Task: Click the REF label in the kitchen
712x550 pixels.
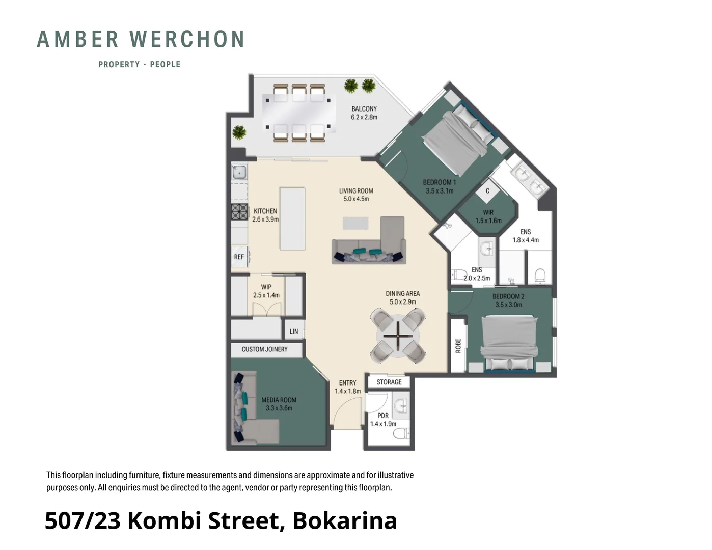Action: (239, 257)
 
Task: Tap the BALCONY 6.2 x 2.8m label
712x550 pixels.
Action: (364, 113)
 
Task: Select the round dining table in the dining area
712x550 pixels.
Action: (398, 336)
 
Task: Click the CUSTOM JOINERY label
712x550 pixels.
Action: (264, 349)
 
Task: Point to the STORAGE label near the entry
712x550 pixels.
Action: (389, 382)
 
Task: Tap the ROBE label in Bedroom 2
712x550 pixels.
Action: (458, 346)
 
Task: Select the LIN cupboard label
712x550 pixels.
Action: (294, 332)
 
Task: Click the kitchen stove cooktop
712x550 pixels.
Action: (239, 211)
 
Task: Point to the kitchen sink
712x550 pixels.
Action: (239, 172)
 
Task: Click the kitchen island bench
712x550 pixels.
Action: (292, 219)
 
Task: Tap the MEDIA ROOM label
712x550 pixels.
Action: (279, 404)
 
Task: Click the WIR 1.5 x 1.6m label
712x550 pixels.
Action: (488, 216)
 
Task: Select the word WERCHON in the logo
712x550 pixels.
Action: (187, 40)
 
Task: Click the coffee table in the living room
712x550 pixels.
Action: (355, 223)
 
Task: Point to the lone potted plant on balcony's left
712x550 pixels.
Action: (239, 132)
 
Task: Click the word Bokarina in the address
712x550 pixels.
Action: (345, 520)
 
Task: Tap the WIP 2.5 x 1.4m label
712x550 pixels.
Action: (266, 291)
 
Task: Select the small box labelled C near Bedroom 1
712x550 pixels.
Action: (487, 191)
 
